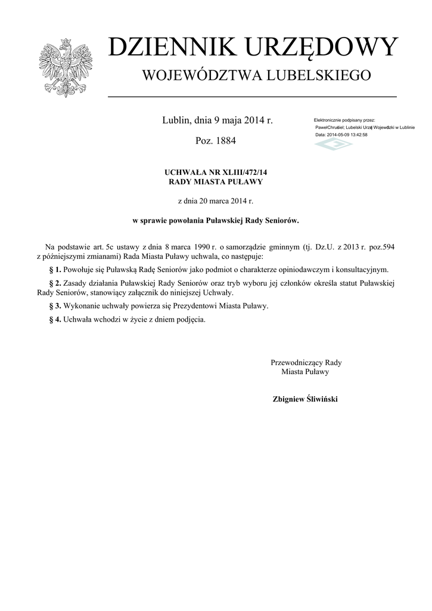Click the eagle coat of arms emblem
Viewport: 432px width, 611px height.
click(x=66, y=67)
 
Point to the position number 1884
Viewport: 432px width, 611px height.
click(x=225, y=141)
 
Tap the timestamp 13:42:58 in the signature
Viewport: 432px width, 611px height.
click(x=356, y=135)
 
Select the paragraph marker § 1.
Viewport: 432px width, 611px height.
click(x=54, y=270)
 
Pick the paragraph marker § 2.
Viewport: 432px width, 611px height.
click(x=54, y=282)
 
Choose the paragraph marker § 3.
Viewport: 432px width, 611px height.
click(x=54, y=306)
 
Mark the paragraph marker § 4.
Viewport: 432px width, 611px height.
click(x=54, y=319)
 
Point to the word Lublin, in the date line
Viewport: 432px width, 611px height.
click(x=177, y=121)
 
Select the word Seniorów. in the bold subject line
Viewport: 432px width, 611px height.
click(x=281, y=220)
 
